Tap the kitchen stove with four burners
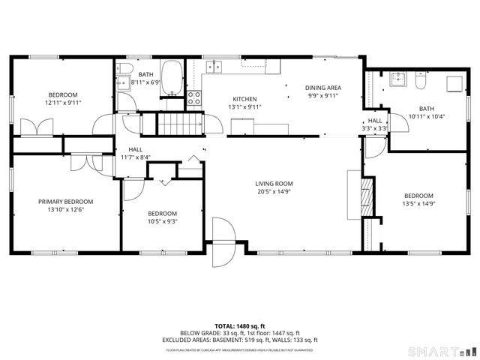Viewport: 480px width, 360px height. tap(193, 96)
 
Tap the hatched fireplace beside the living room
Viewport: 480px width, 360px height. tap(367, 196)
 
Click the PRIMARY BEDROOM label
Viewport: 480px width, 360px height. tap(66, 202)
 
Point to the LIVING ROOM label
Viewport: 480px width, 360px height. tap(274, 184)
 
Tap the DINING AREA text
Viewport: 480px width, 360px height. tap(322, 88)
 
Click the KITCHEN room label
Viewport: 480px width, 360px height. tap(244, 99)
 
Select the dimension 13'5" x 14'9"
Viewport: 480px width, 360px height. tap(419, 203)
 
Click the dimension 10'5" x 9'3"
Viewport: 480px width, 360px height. tap(162, 221)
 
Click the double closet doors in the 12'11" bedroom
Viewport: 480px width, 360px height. tap(33, 127)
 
